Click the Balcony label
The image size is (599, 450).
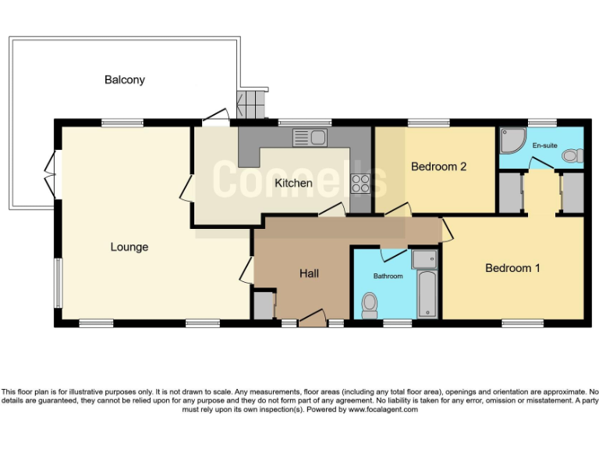pyautogui.click(x=125, y=80)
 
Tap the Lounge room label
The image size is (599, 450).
pyautogui.click(x=129, y=247)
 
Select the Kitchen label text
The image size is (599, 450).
pyautogui.click(x=293, y=184)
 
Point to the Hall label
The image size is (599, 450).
pyautogui.click(x=310, y=273)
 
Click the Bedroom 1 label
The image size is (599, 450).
pyautogui.click(x=512, y=268)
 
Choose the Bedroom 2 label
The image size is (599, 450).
pyautogui.click(x=438, y=166)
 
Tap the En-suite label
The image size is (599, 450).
pyautogui.click(x=544, y=145)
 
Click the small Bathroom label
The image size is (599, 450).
pyautogui.click(x=388, y=277)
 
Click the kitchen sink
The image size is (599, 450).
pyautogui.click(x=310, y=138)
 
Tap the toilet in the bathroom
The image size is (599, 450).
pyautogui.click(x=371, y=302)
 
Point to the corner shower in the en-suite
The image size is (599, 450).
pyautogui.click(x=511, y=141)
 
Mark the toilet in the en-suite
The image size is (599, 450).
pyautogui.click(x=572, y=156)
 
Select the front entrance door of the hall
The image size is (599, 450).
pyautogui.click(x=312, y=319)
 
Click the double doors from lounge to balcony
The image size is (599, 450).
pyautogui.click(x=50, y=166)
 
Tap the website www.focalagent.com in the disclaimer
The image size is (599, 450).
pyautogui.click(x=382, y=409)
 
